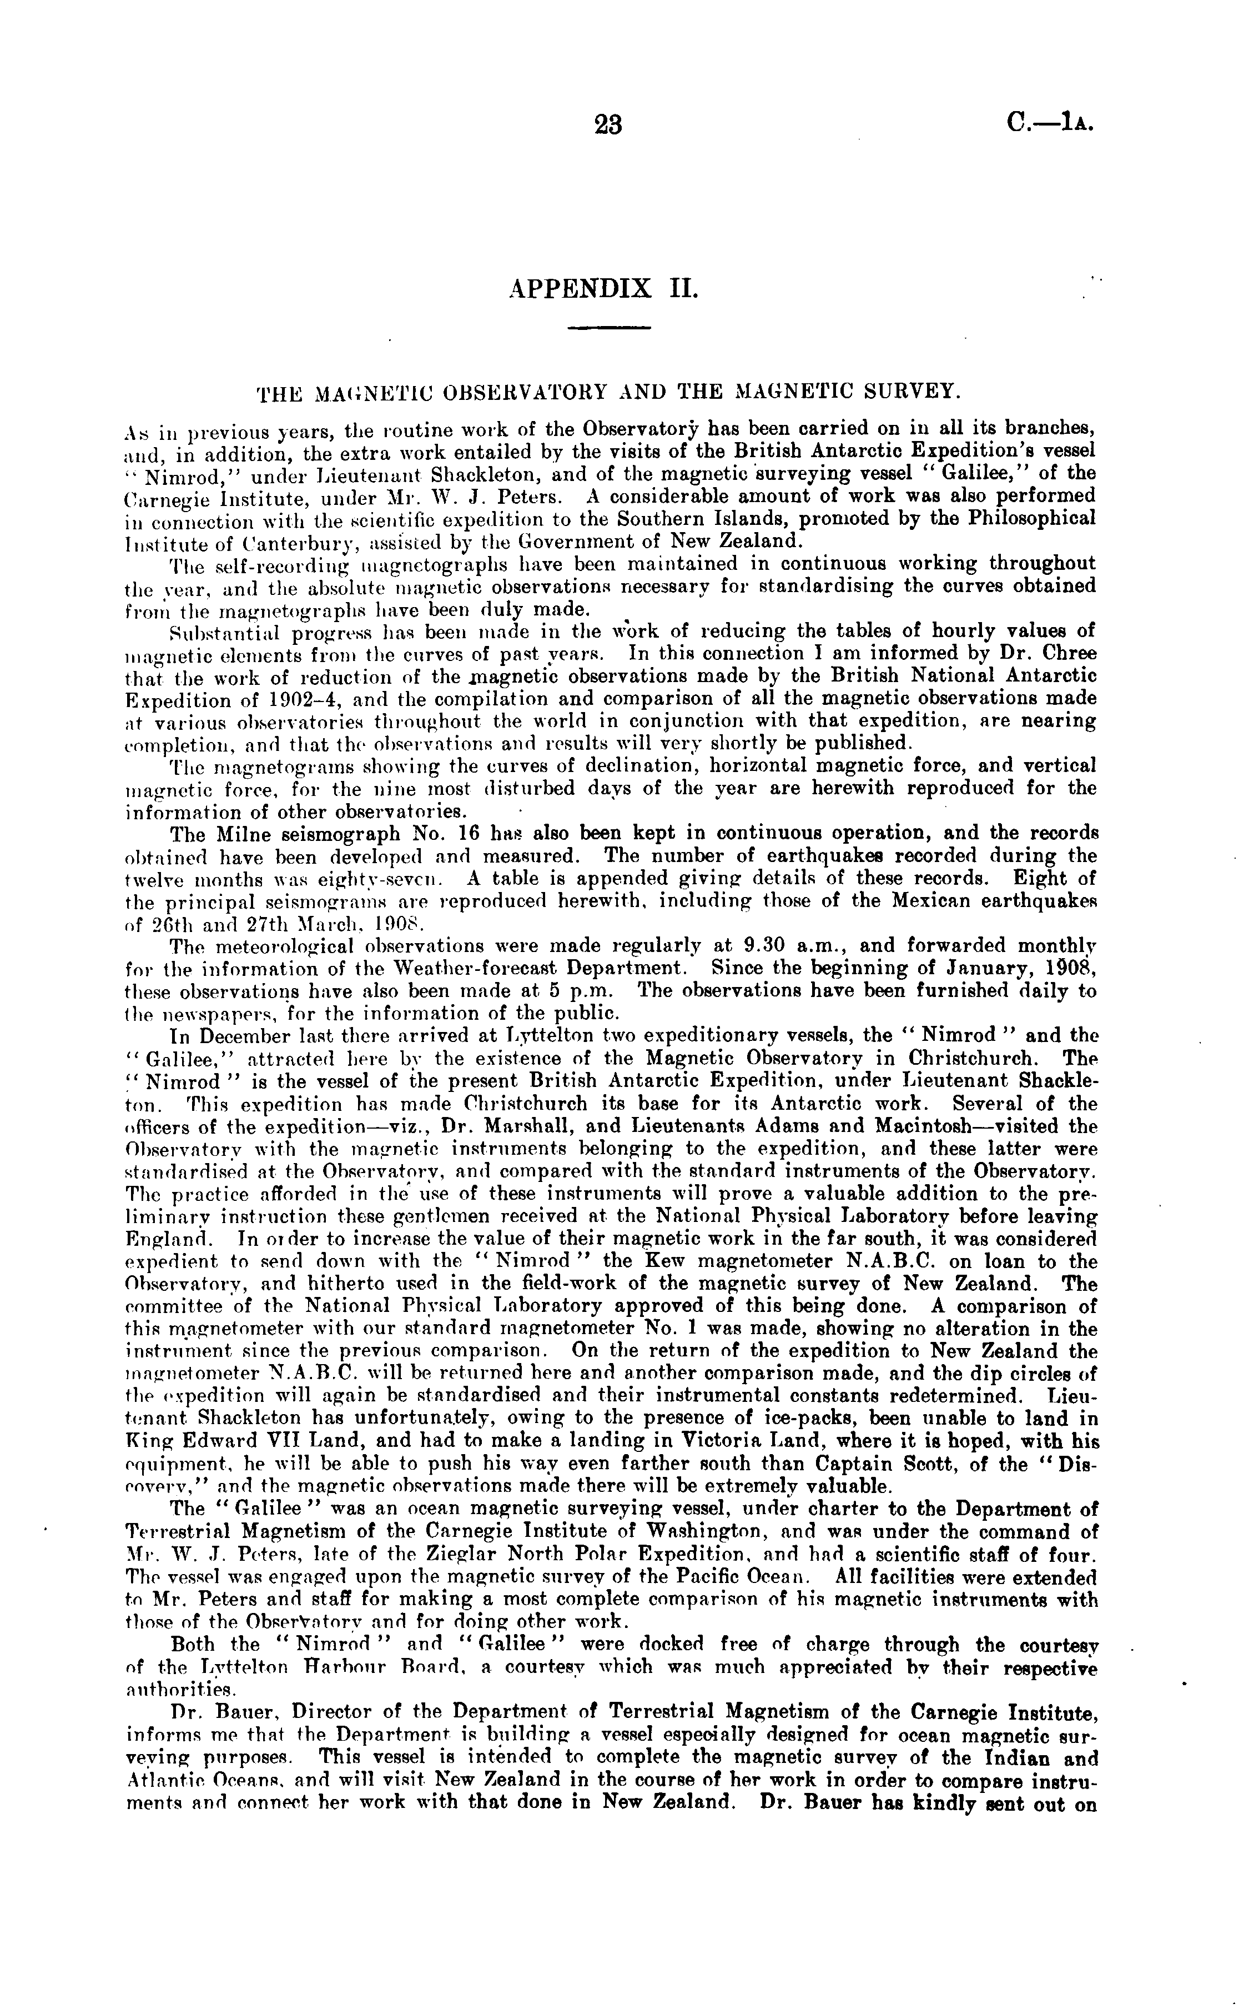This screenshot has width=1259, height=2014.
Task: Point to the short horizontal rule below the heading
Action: [x=608, y=327]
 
